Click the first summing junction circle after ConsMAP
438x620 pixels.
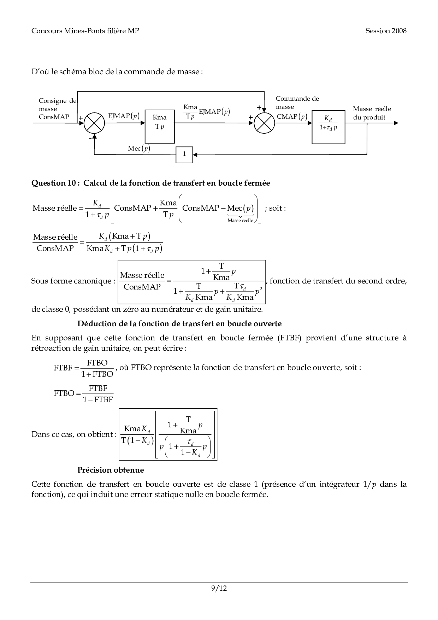[94, 123]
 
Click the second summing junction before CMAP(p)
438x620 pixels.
[264, 123]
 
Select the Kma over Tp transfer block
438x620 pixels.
[160, 126]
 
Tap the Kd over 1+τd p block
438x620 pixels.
[328, 127]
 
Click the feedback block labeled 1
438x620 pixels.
[184, 154]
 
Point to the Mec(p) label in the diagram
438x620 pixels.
[139, 148]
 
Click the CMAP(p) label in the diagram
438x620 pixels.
[292, 116]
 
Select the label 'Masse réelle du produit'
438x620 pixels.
[372, 113]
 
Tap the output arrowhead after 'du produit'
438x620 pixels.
[396, 123]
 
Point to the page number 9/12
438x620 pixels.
[219, 588]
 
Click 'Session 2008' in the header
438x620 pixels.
[386, 31]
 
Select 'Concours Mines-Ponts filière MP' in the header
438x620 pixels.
[85, 31]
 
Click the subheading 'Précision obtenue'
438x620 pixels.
[111, 470]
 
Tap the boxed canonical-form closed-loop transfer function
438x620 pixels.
[191, 282]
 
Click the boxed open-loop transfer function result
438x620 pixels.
[168, 434]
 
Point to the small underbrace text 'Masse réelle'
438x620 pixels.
[240, 220]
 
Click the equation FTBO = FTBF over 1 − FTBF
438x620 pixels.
[84, 393]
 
